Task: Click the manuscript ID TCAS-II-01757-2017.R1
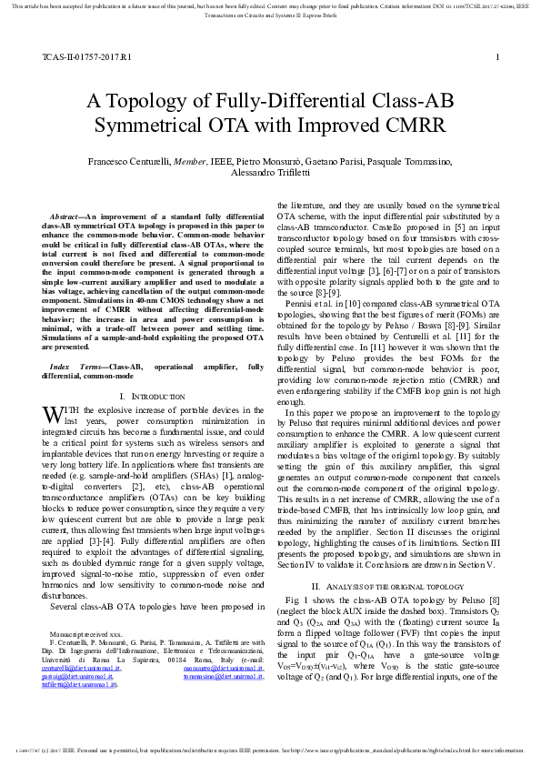tap(86, 57)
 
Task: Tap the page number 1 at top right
tap(497, 57)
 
